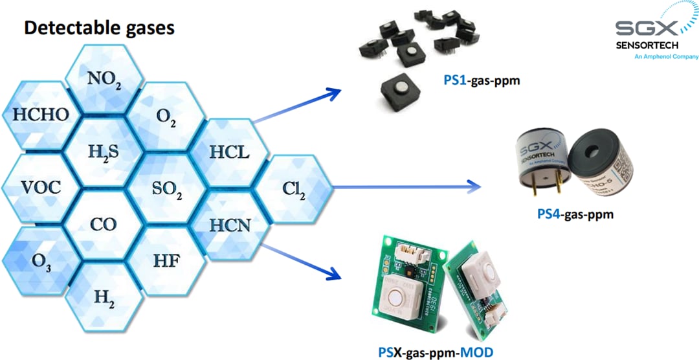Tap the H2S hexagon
(x=104, y=152)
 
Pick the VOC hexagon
(x=40, y=188)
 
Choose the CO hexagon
(x=104, y=225)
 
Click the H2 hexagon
(x=104, y=297)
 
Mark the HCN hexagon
(x=230, y=225)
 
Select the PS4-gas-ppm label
(x=575, y=214)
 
